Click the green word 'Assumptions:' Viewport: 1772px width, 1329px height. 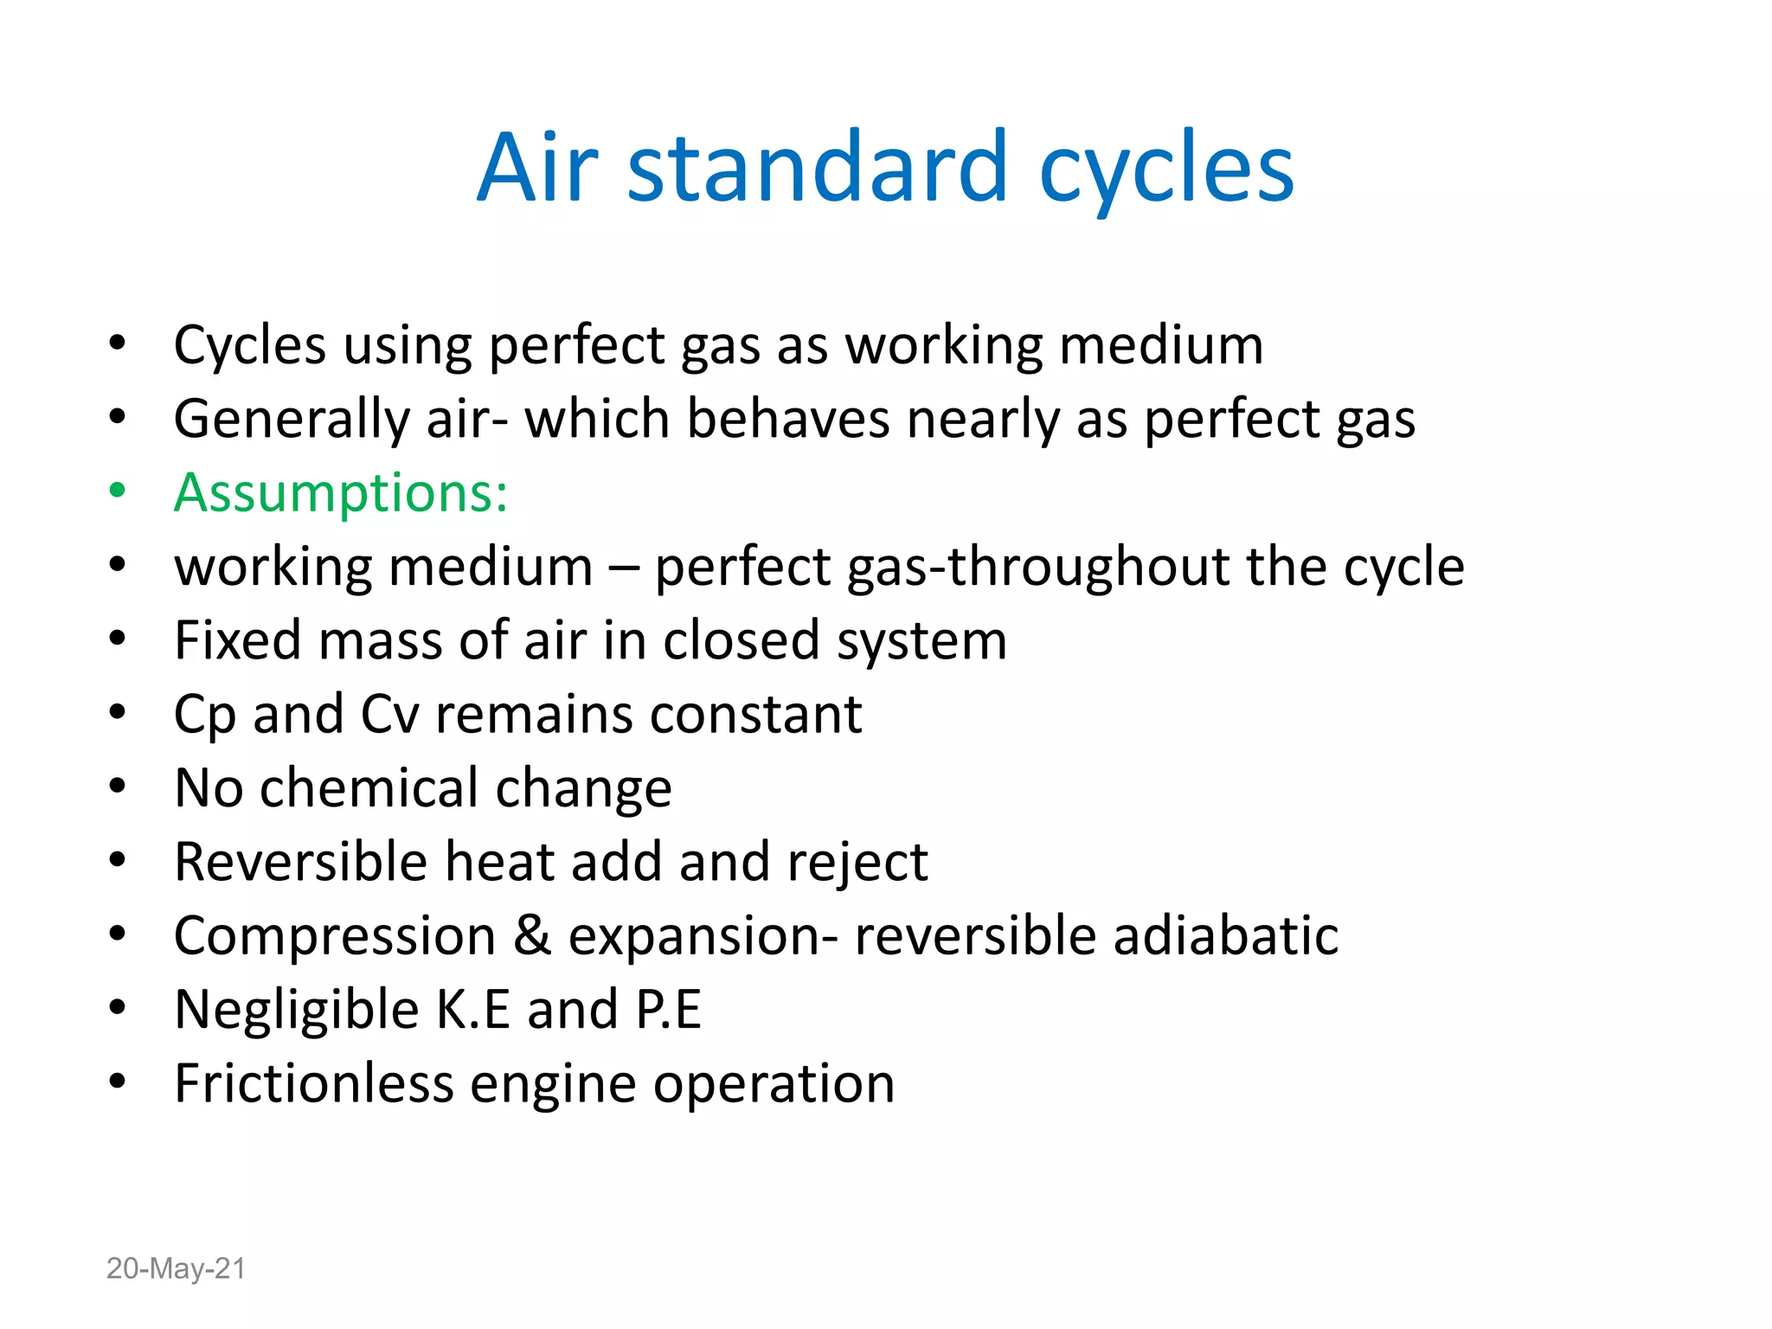click(x=341, y=493)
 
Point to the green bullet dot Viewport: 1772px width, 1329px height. click(x=118, y=491)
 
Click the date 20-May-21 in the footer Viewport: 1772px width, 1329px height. click(x=176, y=1268)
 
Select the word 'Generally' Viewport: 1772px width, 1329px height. click(x=292, y=421)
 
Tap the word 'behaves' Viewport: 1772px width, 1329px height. click(x=787, y=419)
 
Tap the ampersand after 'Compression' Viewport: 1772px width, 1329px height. click(x=531, y=936)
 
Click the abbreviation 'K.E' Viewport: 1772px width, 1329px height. click(x=472, y=1010)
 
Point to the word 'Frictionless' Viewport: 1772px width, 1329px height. click(x=314, y=1083)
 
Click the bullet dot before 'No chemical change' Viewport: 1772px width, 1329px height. click(x=118, y=786)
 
